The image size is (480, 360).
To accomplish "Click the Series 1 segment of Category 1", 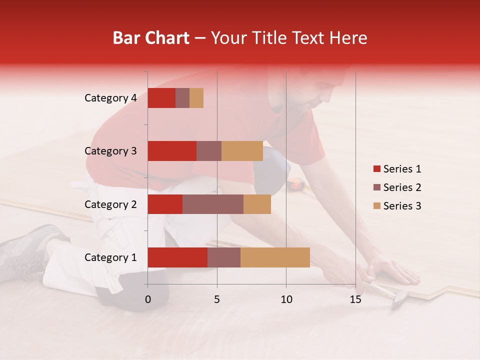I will click(x=177, y=257).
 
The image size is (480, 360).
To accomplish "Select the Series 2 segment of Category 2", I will click(x=213, y=204).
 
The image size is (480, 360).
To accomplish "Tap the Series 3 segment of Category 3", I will click(x=242, y=151).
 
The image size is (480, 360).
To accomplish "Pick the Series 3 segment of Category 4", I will click(x=196, y=98).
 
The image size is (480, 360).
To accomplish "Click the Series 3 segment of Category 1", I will click(x=275, y=257).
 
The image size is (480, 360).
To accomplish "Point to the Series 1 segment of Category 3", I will click(x=172, y=151).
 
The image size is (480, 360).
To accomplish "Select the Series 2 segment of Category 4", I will click(x=182, y=98).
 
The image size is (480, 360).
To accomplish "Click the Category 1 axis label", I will click(x=110, y=257).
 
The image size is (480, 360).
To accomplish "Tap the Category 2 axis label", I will click(x=110, y=204).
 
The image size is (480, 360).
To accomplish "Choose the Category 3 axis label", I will click(x=110, y=151).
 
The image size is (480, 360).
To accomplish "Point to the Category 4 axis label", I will click(x=110, y=98).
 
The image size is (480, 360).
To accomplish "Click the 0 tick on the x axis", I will click(x=148, y=299).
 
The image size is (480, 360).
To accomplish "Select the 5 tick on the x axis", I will click(x=217, y=299).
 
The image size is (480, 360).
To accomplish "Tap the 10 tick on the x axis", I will click(x=286, y=299).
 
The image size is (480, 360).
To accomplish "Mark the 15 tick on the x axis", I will click(x=355, y=299).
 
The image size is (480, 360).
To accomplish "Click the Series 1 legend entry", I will click(x=397, y=169).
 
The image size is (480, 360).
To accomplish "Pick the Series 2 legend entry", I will click(x=397, y=187).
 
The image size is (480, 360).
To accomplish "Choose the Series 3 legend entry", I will click(x=397, y=206).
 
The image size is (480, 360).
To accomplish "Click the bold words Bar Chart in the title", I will click(x=150, y=38).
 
